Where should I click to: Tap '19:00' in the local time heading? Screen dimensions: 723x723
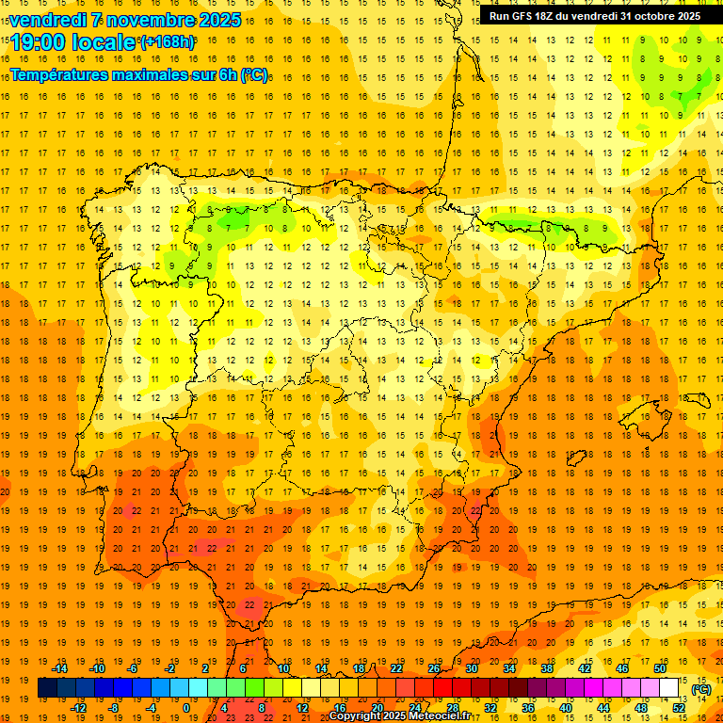[39, 42]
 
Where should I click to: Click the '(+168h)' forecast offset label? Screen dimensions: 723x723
[167, 42]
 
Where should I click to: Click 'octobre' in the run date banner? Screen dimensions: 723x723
[645, 16]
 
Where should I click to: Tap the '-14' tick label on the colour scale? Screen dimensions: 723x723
[60, 668]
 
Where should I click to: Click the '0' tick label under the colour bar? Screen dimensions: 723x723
[186, 708]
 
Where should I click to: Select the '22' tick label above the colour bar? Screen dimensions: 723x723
[395, 668]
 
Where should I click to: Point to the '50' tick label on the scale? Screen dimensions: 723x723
[659, 668]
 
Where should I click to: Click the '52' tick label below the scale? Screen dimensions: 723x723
[678, 708]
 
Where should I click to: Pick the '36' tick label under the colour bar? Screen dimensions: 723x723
[527, 708]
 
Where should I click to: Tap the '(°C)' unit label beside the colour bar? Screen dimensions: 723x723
[700, 689]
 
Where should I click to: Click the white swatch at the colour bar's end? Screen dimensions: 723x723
[668, 688]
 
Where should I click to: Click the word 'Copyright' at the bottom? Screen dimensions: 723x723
[358, 716]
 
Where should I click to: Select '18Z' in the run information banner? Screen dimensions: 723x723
[544, 16]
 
